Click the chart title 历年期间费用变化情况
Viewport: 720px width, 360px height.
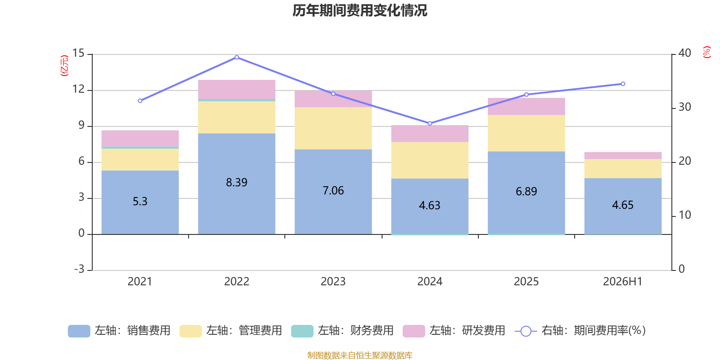point(360,11)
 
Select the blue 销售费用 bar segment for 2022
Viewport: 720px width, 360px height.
point(237,184)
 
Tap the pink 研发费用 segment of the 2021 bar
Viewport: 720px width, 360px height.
point(140,139)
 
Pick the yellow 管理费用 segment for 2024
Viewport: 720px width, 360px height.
point(430,160)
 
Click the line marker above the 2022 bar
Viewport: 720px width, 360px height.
point(237,58)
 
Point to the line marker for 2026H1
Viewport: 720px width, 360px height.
point(623,84)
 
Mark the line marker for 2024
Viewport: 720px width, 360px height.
point(430,123)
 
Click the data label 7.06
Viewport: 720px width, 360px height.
point(333,191)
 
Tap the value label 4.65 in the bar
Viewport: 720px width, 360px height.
point(623,205)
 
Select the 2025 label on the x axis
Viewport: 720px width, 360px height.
point(526,282)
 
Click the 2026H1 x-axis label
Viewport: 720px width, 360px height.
point(623,282)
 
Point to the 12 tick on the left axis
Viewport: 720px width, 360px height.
point(79,89)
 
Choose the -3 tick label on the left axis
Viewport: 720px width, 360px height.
point(79,269)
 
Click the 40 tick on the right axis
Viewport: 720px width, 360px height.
point(684,53)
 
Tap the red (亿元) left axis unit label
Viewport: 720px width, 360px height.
point(65,66)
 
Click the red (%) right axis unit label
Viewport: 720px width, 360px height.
point(706,52)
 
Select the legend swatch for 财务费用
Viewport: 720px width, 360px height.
point(302,331)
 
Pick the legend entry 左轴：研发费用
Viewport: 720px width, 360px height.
point(454,331)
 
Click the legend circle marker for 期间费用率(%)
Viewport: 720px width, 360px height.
point(526,331)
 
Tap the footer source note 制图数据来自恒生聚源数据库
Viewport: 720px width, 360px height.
point(360,355)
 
